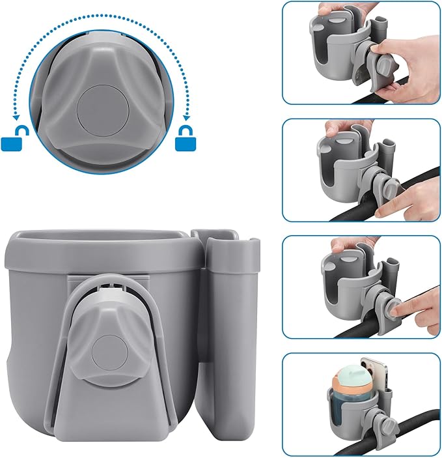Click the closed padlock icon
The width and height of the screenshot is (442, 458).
[186, 140]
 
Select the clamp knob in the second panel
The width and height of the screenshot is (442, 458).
[389, 190]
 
